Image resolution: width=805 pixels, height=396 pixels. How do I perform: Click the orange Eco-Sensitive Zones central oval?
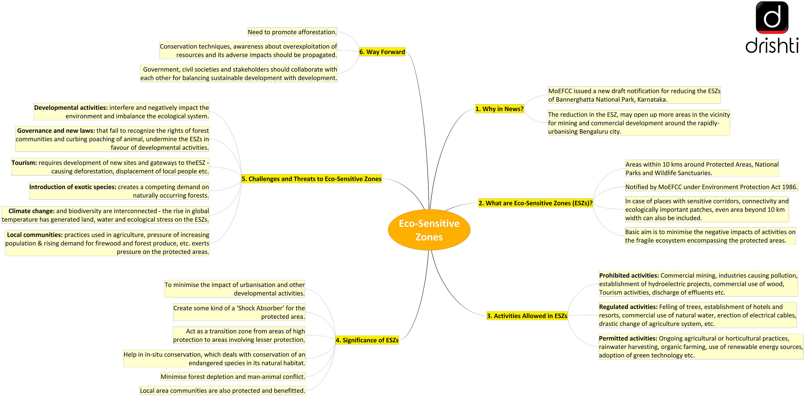pyautogui.click(x=429, y=230)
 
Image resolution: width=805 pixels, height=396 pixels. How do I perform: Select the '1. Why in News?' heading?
pyautogui.click(x=499, y=109)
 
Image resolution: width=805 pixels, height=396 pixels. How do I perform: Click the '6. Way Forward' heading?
pyautogui.click(x=382, y=52)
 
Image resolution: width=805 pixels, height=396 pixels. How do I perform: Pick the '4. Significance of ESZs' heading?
pyautogui.click(x=367, y=340)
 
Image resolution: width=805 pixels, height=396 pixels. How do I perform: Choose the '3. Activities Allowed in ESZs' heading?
pyautogui.click(x=527, y=316)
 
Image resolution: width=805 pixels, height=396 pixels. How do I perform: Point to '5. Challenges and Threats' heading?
pyautogui.click(x=311, y=179)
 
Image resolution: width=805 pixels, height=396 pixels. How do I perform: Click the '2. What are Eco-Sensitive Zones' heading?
pyautogui.click(x=535, y=203)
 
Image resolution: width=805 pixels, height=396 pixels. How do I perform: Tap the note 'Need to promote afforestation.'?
pyautogui.click(x=292, y=32)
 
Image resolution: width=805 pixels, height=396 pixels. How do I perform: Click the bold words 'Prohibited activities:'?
pyautogui.click(x=628, y=275)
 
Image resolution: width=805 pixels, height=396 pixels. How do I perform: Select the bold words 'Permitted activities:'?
pyautogui.click(x=628, y=338)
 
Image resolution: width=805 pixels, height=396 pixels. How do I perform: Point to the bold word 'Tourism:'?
pyautogui.click(x=24, y=163)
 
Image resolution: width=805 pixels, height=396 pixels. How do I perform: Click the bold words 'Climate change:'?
pyautogui.click(x=31, y=211)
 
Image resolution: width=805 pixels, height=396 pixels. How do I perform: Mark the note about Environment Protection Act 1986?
pyautogui.click(x=711, y=187)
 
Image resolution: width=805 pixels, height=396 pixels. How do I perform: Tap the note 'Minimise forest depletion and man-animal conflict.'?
pyautogui.click(x=232, y=377)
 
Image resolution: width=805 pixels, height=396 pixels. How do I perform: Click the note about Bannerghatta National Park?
pyautogui.click(x=634, y=95)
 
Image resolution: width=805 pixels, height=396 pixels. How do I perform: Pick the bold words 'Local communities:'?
pyautogui.click(x=35, y=235)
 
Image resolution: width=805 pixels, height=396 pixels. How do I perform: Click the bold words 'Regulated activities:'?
pyautogui.click(x=628, y=307)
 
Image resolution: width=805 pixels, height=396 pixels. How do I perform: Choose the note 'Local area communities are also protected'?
pyautogui.click(x=222, y=390)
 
